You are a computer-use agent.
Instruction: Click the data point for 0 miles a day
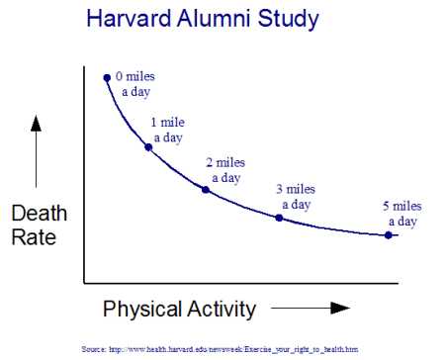pyautogui.click(x=107, y=76)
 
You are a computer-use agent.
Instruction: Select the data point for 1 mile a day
pyautogui.click(x=148, y=146)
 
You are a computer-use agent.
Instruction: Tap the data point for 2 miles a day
pyautogui.click(x=205, y=188)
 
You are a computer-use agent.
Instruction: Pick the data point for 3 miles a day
pyautogui.click(x=278, y=217)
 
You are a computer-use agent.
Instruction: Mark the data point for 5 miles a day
pyautogui.click(x=388, y=234)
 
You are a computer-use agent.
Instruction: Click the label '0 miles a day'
pyautogui.click(x=135, y=83)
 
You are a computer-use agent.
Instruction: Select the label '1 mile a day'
pyautogui.click(x=167, y=130)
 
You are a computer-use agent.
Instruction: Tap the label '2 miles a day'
pyautogui.click(x=224, y=170)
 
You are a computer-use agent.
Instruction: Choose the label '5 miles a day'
pyautogui.click(x=401, y=214)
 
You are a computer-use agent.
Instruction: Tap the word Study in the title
pyautogui.click(x=287, y=19)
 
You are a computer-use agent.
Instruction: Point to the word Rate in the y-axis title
pyautogui.click(x=34, y=237)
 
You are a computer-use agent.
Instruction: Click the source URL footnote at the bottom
pyautogui.click(x=220, y=349)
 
